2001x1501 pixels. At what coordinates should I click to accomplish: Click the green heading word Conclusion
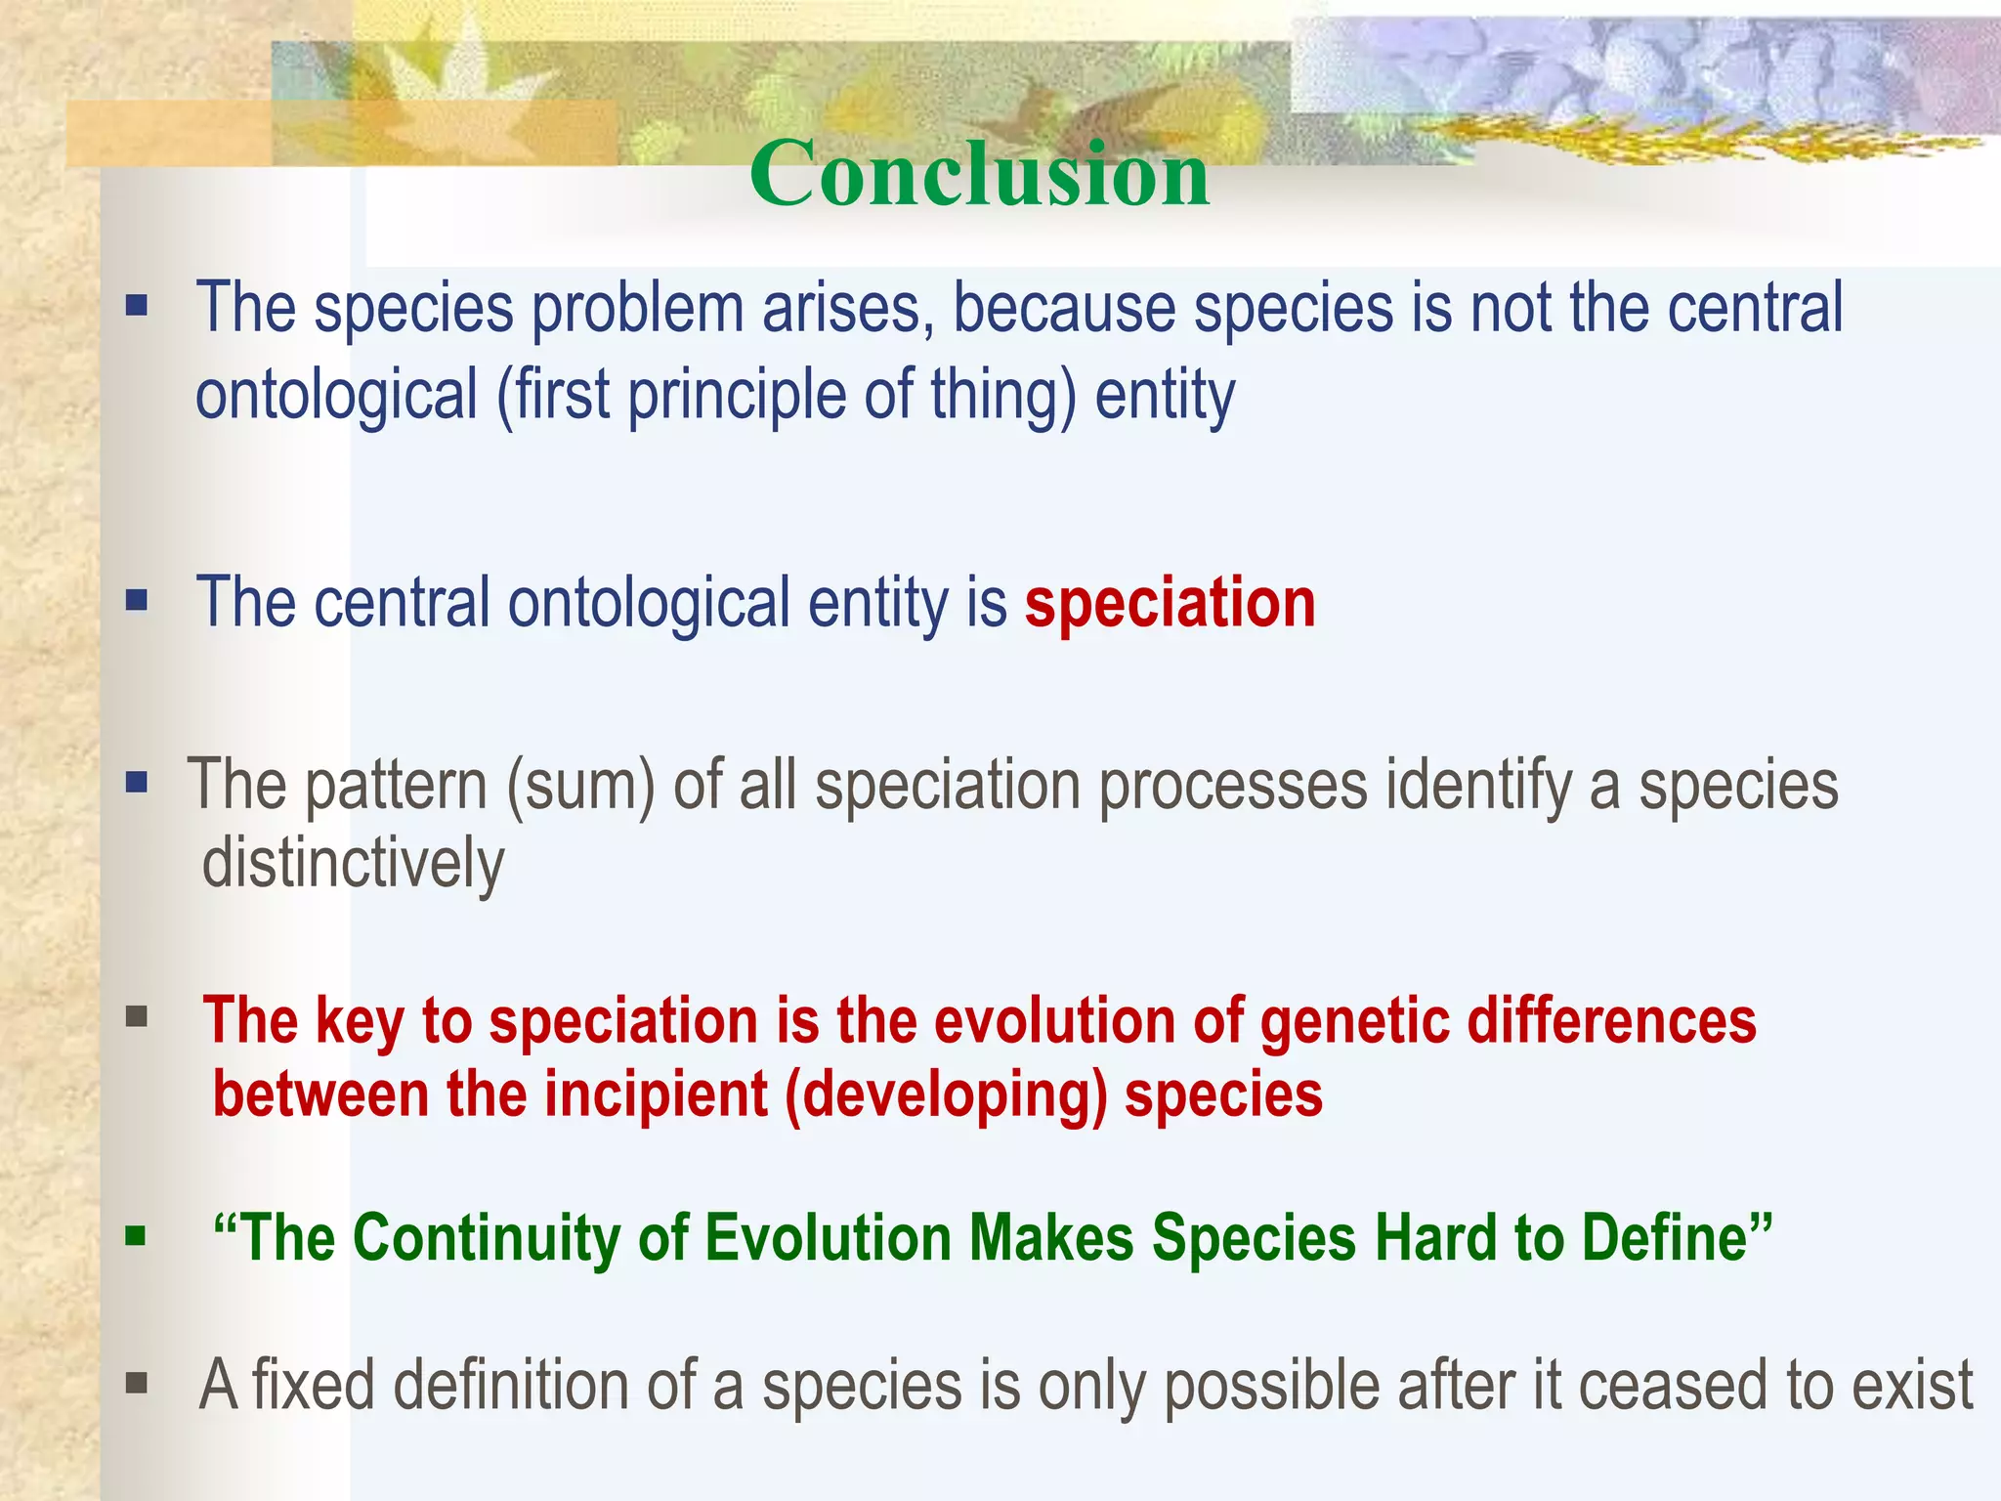tap(980, 173)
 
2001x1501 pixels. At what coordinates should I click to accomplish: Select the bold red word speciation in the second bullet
tap(1171, 603)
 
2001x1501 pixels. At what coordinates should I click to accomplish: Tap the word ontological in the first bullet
tap(337, 395)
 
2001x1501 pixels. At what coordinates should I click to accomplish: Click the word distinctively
tap(353, 864)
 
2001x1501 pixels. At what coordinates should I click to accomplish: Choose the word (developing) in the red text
tap(946, 1095)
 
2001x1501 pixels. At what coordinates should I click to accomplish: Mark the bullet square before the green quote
tap(136, 1237)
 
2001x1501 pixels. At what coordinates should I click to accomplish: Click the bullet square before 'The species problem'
tap(137, 308)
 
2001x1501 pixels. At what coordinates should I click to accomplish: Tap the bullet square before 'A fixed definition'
tap(137, 1383)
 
